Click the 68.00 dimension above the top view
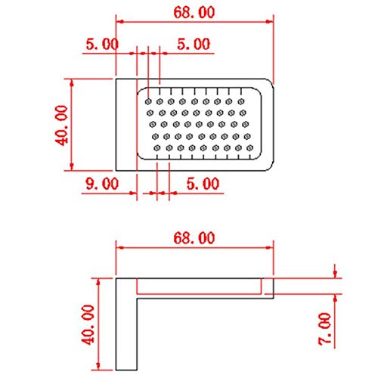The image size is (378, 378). (194, 12)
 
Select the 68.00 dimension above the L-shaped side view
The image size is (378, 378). (194, 238)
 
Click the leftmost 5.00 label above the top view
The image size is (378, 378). (101, 44)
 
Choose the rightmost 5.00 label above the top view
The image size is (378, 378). (193, 44)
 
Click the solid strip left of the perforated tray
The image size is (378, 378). (125, 125)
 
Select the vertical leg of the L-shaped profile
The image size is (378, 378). (125, 325)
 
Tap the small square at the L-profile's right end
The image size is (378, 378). (267, 285)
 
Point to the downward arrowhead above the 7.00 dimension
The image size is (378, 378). (335, 274)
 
